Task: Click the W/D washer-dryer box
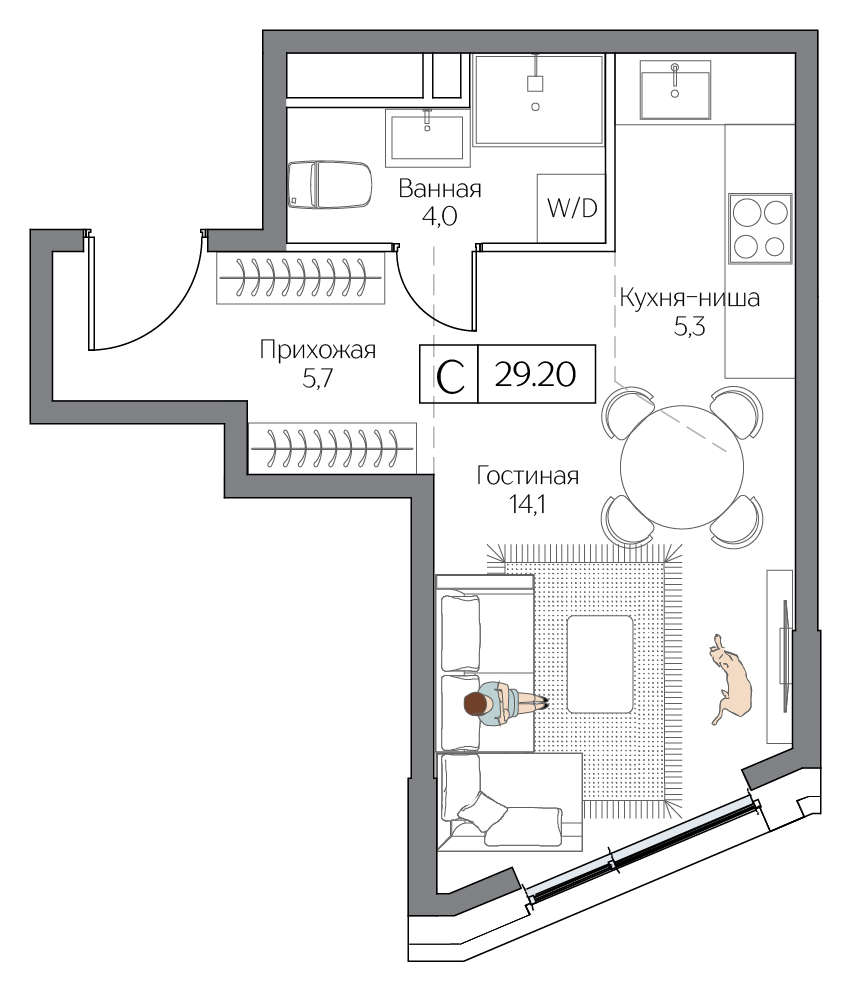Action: [571, 208]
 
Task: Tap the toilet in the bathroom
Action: [328, 185]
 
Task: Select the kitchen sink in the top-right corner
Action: [677, 90]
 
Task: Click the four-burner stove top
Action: [760, 228]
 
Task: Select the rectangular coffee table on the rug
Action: [599, 664]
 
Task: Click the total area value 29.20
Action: [537, 375]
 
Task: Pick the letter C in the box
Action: [450, 376]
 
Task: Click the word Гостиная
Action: [527, 476]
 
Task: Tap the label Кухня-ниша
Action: [690, 298]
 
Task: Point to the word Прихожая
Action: [317, 350]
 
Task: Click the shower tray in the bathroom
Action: [538, 100]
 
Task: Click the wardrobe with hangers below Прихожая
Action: [333, 446]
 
